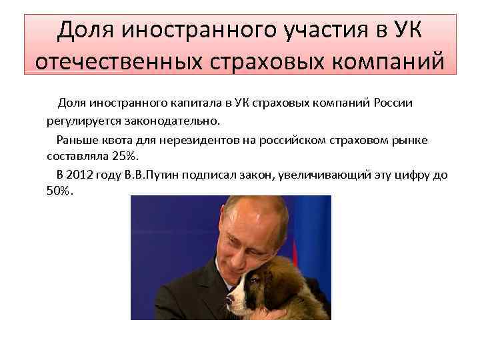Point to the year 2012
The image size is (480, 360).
tap(82, 175)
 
